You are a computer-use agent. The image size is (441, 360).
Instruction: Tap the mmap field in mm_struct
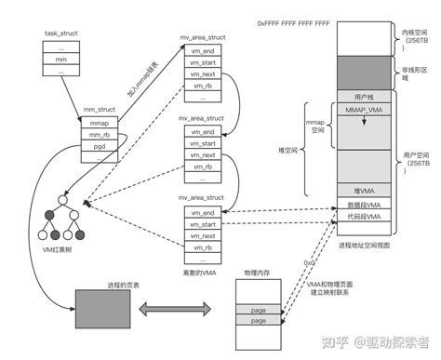(x=100, y=123)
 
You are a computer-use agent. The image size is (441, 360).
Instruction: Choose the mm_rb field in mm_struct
(x=100, y=136)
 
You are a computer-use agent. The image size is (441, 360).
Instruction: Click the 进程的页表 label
(x=114, y=286)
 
